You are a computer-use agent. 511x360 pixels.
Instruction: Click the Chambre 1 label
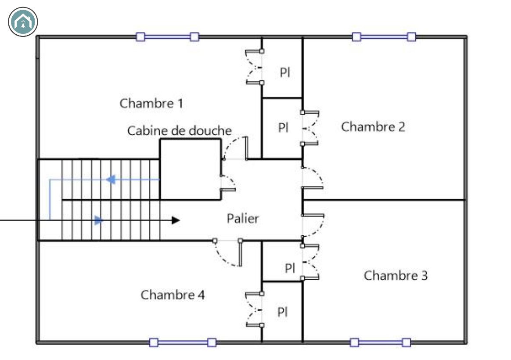(x=151, y=104)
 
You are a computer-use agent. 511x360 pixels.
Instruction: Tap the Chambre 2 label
(x=373, y=127)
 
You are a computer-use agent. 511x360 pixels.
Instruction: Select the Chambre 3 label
(x=396, y=276)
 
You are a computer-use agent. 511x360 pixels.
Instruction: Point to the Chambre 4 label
(x=173, y=295)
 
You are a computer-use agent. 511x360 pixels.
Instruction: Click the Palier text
(x=243, y=218)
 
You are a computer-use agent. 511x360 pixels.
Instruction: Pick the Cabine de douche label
(x=179, y=131)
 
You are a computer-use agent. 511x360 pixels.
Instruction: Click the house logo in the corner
(x=23, y=22)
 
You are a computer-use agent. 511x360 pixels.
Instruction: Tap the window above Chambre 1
(x=168, y=37)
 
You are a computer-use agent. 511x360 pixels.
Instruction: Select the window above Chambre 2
(x=384, y=37)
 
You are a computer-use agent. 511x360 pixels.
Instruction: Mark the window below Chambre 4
(x=183, y=342)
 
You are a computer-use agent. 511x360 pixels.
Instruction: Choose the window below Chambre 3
(x=380, y=342)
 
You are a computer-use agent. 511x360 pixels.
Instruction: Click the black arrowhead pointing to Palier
(x=176, y=220)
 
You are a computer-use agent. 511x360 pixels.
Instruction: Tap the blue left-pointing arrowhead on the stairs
(x=111, y=180)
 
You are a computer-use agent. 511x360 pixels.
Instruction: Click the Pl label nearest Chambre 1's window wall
(x=285, y=72)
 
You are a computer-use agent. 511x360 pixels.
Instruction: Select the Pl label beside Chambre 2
(x=283, y=127)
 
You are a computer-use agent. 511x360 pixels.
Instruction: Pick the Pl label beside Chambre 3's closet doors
(x=290, y=268)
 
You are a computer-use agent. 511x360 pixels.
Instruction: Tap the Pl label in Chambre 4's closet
(x=283, y=312)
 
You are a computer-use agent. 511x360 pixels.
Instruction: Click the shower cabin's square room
(x=191, y=169)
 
